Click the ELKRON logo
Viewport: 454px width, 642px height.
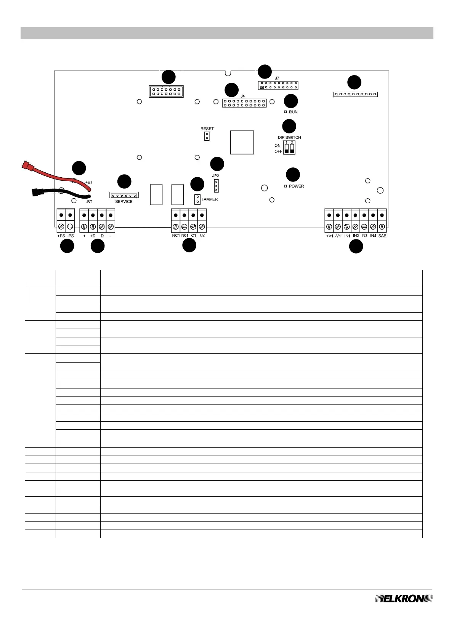(404, 599)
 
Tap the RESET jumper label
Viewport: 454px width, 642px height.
(207, 128)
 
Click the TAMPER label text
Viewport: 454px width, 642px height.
(210, 199)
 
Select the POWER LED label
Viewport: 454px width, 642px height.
(296, 186)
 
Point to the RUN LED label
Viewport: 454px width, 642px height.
(293, 112)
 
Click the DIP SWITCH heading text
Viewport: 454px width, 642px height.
(289, 137)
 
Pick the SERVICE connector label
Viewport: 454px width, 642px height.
(124, 201)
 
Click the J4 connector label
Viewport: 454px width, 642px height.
(243, 96)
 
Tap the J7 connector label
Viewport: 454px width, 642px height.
(277, 78)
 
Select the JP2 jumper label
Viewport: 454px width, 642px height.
(216, 176)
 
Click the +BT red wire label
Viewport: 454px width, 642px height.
(89, 182)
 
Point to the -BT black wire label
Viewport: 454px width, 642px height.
(89, 201)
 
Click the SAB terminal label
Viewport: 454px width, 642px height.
(382, 236)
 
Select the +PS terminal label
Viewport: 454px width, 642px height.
(61, 236)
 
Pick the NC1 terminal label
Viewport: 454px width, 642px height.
(176, 236)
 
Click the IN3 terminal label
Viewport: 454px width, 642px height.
(364, 236)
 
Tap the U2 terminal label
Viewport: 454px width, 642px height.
(202, 235)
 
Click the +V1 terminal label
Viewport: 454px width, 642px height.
(329, 236)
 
